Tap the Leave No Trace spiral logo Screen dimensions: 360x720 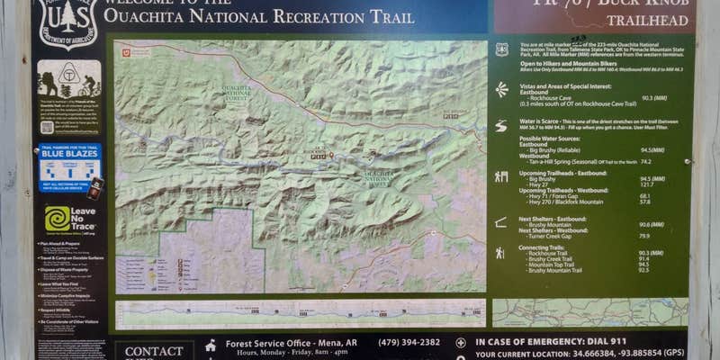point(58,219)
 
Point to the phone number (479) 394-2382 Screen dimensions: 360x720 point(409,342)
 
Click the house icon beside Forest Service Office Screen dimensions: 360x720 point(211,344)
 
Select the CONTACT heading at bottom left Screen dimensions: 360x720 point(154,351)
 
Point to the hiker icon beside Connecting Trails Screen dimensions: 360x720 point(500,254)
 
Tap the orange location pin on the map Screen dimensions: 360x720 point(330,156)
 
